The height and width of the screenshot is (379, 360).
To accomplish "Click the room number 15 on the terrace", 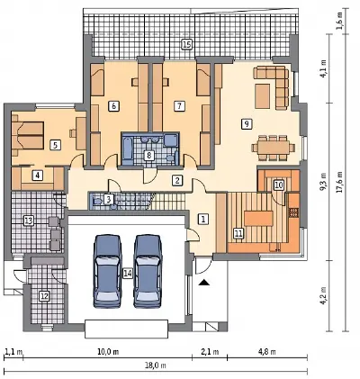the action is click(x=186, y=45).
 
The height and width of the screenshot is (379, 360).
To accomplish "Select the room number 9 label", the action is click(x=247, y=123).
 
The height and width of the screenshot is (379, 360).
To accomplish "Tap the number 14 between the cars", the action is click(x=128, y=274).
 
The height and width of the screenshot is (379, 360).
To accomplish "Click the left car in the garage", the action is click(x=108, y=271).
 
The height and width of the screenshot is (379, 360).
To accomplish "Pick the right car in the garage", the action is click(x=148, y=271).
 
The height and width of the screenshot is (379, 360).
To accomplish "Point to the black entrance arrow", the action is click(x=204, y=282).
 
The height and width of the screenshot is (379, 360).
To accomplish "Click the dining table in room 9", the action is click(x=274, y=148).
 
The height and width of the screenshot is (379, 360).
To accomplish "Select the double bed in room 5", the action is click(x=28, y=135).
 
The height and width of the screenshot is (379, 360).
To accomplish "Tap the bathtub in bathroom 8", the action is click(x=128, y=149).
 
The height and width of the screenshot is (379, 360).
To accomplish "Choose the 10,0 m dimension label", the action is click(x=108, y=352).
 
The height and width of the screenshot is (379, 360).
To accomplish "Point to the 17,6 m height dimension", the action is click(x=339, y=183).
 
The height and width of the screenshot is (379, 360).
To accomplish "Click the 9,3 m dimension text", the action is click(x=323, y=182).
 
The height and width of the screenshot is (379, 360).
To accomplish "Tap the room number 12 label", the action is click(x=44, y=296).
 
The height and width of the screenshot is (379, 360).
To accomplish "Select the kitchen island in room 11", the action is click(x=258, y=218).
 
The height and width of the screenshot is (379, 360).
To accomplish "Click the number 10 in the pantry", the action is click(x=279, y=185).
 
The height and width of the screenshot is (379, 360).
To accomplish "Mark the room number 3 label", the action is click(x=109, y=199).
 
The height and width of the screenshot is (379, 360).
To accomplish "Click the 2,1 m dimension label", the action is click(x=209, y=352).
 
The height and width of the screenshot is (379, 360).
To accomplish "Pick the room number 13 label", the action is click(x=28, y=221).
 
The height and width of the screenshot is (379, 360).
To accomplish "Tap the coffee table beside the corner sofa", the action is click(x=262, y=96).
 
